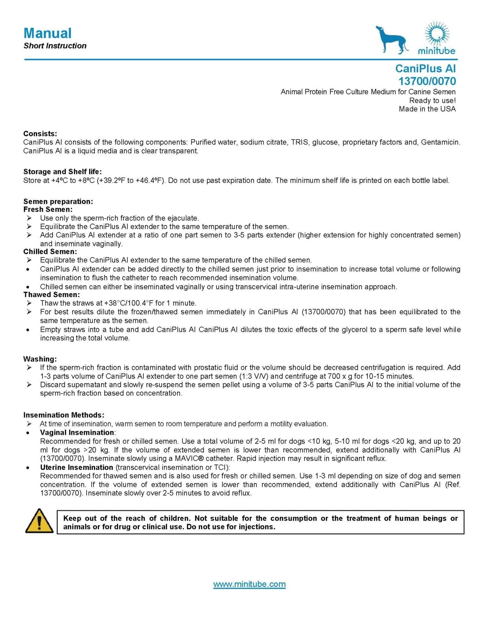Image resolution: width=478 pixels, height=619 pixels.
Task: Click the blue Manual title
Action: click(47, 33)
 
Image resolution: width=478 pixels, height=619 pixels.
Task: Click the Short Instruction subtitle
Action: click(55, 46)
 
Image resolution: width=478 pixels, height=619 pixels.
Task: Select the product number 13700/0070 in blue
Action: click(427, 81)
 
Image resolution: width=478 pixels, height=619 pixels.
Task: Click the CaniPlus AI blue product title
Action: click(425, 69)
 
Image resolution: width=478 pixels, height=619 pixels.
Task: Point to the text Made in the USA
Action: click(427, 109)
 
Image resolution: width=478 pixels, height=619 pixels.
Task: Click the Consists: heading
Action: click(40, 134)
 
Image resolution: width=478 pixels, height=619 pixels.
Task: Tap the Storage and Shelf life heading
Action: click(62, 172)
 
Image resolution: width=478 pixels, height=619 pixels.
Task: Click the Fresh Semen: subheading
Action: click(48, 210)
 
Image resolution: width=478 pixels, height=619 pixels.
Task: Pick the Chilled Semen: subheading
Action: click(50, 252)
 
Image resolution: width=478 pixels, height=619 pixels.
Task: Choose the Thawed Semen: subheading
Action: click(52, 295)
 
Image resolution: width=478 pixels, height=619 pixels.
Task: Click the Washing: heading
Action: click(40, 359)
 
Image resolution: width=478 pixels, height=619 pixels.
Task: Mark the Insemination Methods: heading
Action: click(64, 415)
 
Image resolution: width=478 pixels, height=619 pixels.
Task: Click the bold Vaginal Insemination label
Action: click(77, 432)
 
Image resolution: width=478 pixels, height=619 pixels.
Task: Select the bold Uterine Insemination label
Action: click(76, 467)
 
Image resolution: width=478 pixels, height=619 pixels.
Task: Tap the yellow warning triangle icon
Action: click(39, 521)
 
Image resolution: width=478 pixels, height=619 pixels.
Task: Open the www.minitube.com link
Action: click(249, 584)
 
